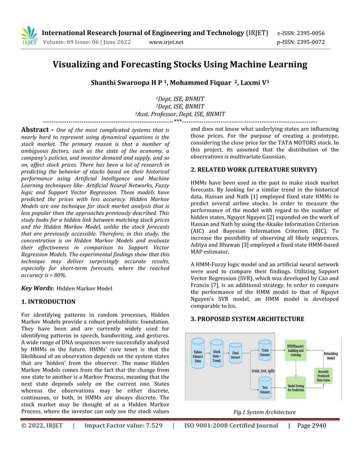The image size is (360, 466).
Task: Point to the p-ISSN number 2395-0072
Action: coord(309,42)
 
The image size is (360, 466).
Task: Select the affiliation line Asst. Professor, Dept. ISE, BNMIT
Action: coord(179,113)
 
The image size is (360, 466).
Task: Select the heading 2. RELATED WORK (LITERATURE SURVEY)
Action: coord(253,169)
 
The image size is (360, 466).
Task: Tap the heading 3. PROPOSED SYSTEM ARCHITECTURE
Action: coord(247,319)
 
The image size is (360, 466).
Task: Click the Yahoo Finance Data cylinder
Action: coord(197,357)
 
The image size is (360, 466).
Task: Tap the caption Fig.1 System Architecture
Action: coord(265,412)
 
